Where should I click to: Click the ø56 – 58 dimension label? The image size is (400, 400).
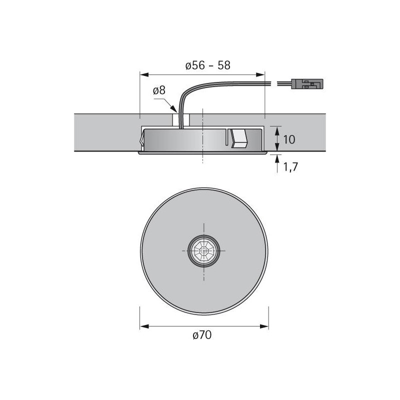[208, 65]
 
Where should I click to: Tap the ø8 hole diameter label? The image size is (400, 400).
[159, 90]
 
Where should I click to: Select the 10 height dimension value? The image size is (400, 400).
[289, 139]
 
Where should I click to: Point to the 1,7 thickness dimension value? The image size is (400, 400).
[290, 167]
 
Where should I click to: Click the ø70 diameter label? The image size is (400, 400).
[202, 335]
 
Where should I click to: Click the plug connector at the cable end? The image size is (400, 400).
[307, 84]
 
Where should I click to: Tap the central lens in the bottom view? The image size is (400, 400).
[204, 251]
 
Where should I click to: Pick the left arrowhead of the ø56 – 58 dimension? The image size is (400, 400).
[144, 74]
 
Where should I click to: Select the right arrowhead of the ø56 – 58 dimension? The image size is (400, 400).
[260, 74]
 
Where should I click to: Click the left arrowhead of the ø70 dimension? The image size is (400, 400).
[144, 326]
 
